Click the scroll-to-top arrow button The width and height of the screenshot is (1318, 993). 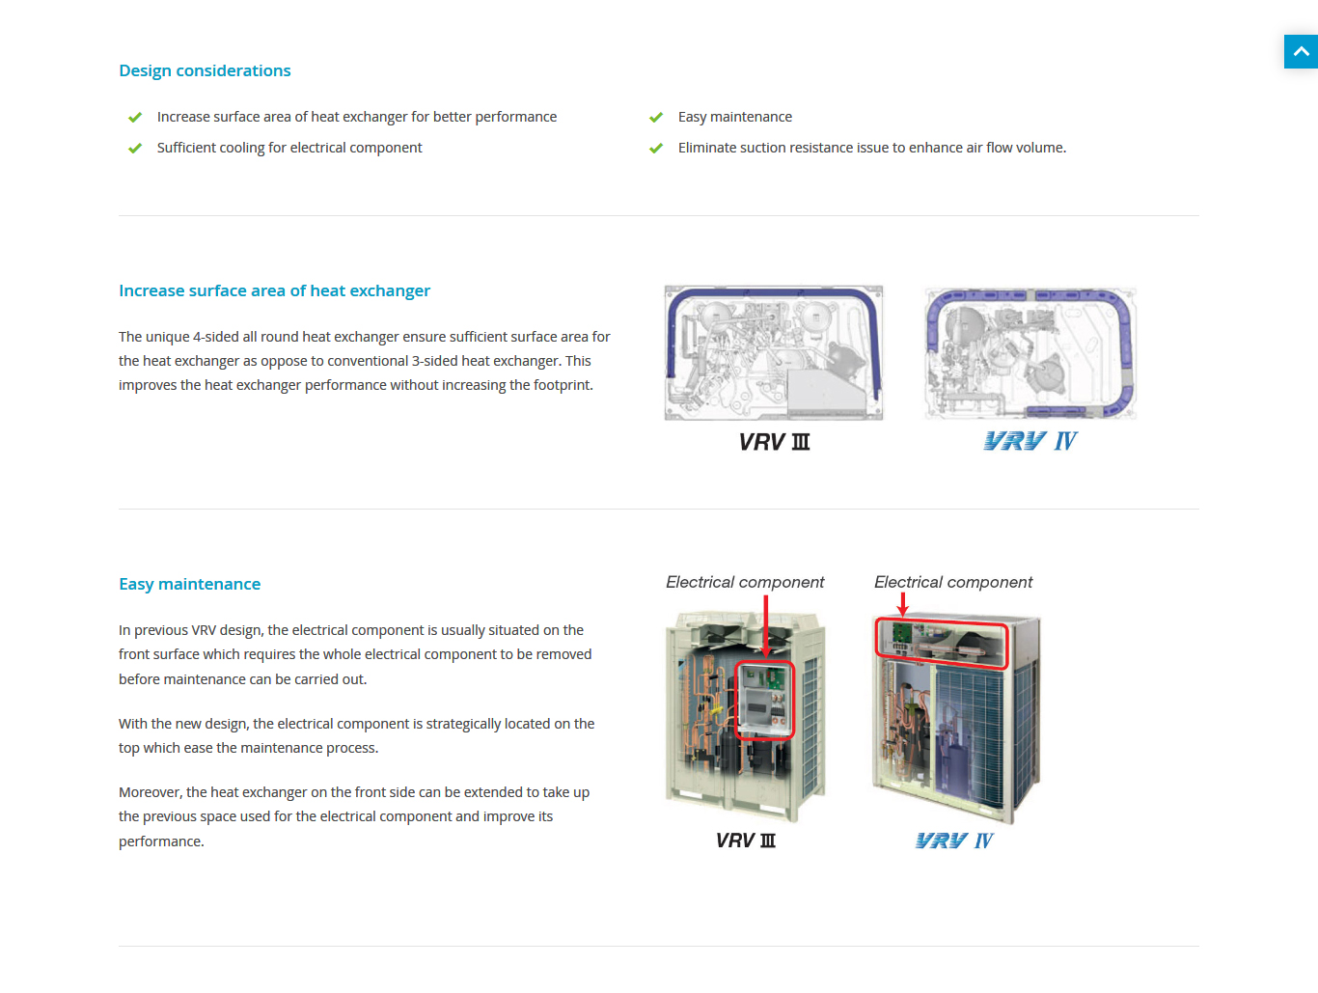click(1301, 51)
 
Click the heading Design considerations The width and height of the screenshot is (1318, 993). click(205, 70)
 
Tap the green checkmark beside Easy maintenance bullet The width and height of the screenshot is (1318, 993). click(656, 118)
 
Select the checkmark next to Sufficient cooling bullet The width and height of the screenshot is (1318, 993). click(135, 149)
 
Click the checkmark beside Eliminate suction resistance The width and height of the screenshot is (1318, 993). click(656, 149)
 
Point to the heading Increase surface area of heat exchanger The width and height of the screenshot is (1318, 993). click(274, 290)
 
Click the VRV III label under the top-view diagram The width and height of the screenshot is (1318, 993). click(774, 442)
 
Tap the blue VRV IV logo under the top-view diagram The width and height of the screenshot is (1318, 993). click(1030, 441)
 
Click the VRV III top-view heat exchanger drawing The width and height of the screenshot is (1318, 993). click(774, 352)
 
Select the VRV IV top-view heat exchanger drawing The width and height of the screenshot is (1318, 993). click(1030, 353)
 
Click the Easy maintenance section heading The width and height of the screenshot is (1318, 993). click(189, 584)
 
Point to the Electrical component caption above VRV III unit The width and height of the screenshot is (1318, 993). click(745, 582)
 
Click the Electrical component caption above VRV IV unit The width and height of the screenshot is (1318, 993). click(953, 582)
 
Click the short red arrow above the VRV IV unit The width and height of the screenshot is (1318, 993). click(903, 605)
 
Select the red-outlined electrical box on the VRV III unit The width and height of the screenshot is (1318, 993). click(765, 701)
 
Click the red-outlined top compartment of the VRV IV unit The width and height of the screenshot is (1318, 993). click(942, 645)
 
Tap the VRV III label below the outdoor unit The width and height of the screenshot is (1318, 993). click(746, 841)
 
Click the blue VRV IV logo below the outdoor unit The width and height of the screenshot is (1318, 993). click(954, 841)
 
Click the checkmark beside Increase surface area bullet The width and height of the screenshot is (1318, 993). click(135, 118)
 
